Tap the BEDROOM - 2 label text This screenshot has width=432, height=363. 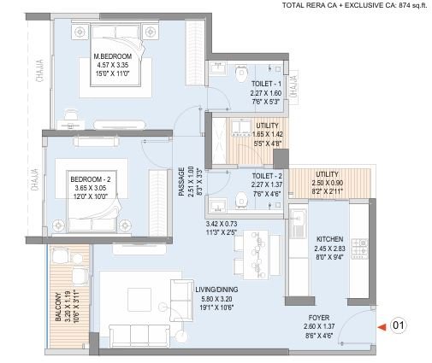92,178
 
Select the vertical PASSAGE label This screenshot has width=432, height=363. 181,181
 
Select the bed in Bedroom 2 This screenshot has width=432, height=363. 94,185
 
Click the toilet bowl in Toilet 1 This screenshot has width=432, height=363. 239,78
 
